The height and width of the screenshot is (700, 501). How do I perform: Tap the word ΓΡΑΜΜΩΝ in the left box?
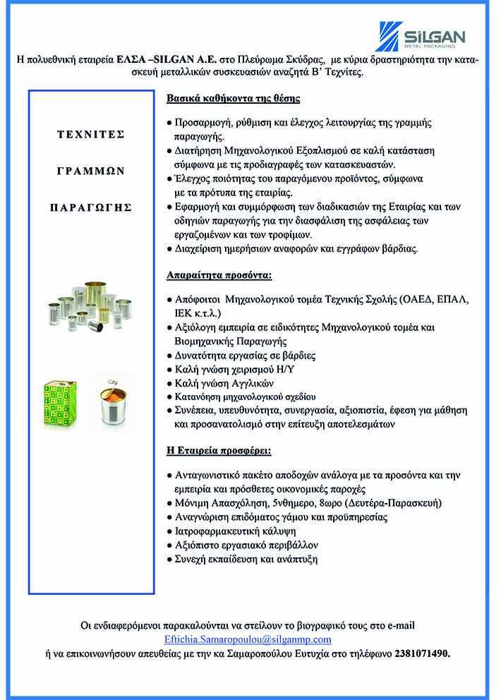90,170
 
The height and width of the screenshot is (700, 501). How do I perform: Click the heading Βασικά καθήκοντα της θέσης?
234,98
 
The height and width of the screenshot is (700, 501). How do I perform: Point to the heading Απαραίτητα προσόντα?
219,274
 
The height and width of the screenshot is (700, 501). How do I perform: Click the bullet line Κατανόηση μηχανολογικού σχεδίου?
244,397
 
